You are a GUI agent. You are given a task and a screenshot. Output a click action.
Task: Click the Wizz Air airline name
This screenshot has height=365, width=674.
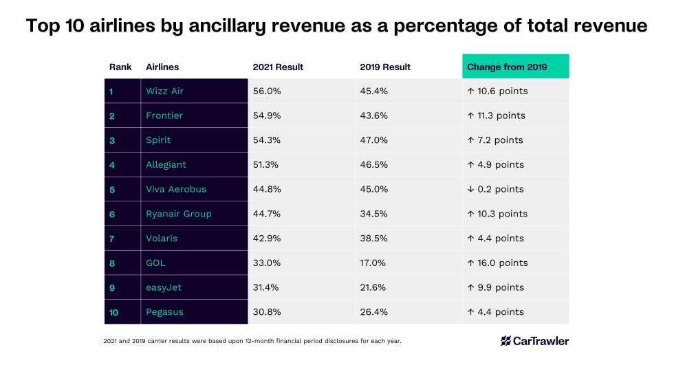click(164, 91)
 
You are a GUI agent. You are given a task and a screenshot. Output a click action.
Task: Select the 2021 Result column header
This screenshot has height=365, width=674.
click(278, 67)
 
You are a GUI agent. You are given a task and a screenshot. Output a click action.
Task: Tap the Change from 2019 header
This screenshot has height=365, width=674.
click(507, 67)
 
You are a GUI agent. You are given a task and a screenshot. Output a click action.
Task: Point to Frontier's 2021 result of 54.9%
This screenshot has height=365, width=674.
click(267, 115)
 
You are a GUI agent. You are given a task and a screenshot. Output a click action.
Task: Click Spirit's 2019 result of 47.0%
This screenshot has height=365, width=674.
click(374, 140)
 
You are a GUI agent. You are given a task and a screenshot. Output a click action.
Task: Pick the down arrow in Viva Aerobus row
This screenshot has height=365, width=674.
click(470, 189)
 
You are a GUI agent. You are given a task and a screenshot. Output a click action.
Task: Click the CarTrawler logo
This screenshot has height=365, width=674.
click(534, 340)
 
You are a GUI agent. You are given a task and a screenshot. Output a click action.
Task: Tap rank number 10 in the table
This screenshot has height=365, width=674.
click(114, 312)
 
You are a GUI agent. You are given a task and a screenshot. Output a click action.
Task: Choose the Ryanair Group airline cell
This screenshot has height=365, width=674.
click(179, 214)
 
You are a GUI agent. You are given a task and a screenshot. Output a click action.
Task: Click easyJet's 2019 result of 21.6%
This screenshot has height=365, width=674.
click(373, 287)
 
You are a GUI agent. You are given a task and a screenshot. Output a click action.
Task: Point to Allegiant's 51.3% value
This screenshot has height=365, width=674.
click(267, 165)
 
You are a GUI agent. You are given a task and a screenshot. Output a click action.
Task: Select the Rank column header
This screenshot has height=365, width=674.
click(120, 67)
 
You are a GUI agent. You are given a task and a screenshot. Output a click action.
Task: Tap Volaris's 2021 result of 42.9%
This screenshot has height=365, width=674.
click(267, 239)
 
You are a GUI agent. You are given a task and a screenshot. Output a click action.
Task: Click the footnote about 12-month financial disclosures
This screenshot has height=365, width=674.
click(252, 341)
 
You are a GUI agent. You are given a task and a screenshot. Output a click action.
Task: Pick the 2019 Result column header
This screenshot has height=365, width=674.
click(385, 67)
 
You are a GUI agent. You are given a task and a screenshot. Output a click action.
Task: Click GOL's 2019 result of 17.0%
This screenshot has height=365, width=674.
click(373, 263)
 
